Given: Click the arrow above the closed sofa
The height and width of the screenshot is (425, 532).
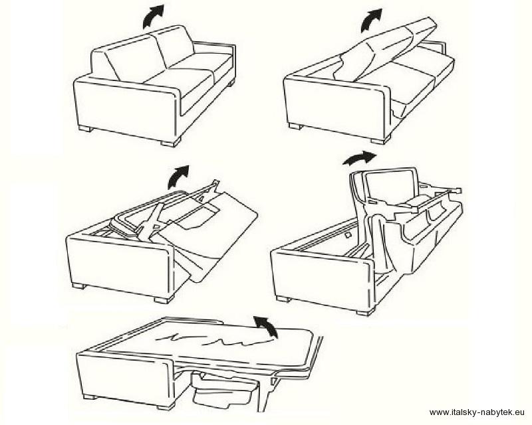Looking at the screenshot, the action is (x=152, y=16).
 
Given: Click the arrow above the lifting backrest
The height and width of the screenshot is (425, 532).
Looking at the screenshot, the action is (x=370, y=21).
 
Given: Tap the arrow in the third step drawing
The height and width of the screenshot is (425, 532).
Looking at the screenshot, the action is (x=178, y=177).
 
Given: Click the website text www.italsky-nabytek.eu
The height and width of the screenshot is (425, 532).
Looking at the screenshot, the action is (x=477, y=412).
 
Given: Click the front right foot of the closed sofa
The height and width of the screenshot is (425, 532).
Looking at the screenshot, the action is (x=170, y=143).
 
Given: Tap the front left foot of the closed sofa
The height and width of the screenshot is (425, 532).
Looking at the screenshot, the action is (x=84, y=129).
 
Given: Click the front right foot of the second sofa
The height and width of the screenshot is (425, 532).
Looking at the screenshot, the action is (x=380, y=140).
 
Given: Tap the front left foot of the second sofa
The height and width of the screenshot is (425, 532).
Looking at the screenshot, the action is (x=295, y=126).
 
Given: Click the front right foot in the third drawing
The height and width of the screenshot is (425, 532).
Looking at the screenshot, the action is (x=164, y=299).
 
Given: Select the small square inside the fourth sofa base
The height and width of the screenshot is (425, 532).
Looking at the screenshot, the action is (x=347, y=234).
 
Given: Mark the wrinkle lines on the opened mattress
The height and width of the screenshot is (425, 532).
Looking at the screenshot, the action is (x=210, y=338).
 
